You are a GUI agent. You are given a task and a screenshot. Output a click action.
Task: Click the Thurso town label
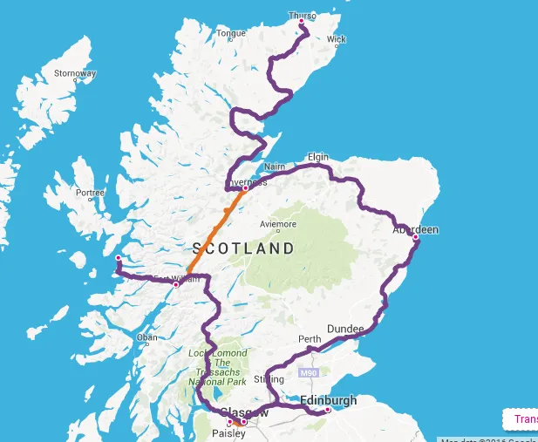[302, 15]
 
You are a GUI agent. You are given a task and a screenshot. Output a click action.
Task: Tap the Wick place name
[336, 39]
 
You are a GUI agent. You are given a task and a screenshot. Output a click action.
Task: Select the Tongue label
[230, 33]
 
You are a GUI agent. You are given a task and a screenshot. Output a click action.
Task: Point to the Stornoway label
[74, 73]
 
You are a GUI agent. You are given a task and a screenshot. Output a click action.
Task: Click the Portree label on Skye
[90, 193]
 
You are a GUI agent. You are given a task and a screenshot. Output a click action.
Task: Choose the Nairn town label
[274, 166]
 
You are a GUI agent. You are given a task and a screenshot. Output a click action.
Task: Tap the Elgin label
[318, 157]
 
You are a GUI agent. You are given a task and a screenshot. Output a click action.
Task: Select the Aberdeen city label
[415, 229]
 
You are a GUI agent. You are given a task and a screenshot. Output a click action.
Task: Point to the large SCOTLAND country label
[243, 248]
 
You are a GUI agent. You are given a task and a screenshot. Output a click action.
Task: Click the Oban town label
[146, 337]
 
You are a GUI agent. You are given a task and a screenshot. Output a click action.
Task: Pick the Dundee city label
[345, 328]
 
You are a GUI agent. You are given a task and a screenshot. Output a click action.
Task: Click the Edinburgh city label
[328, 400]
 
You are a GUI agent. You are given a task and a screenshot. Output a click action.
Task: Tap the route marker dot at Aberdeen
[416, 237]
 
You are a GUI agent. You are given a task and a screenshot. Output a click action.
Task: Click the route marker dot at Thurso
[302, 22]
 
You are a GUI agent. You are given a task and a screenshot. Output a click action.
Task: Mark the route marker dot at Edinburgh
[328, 410]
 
